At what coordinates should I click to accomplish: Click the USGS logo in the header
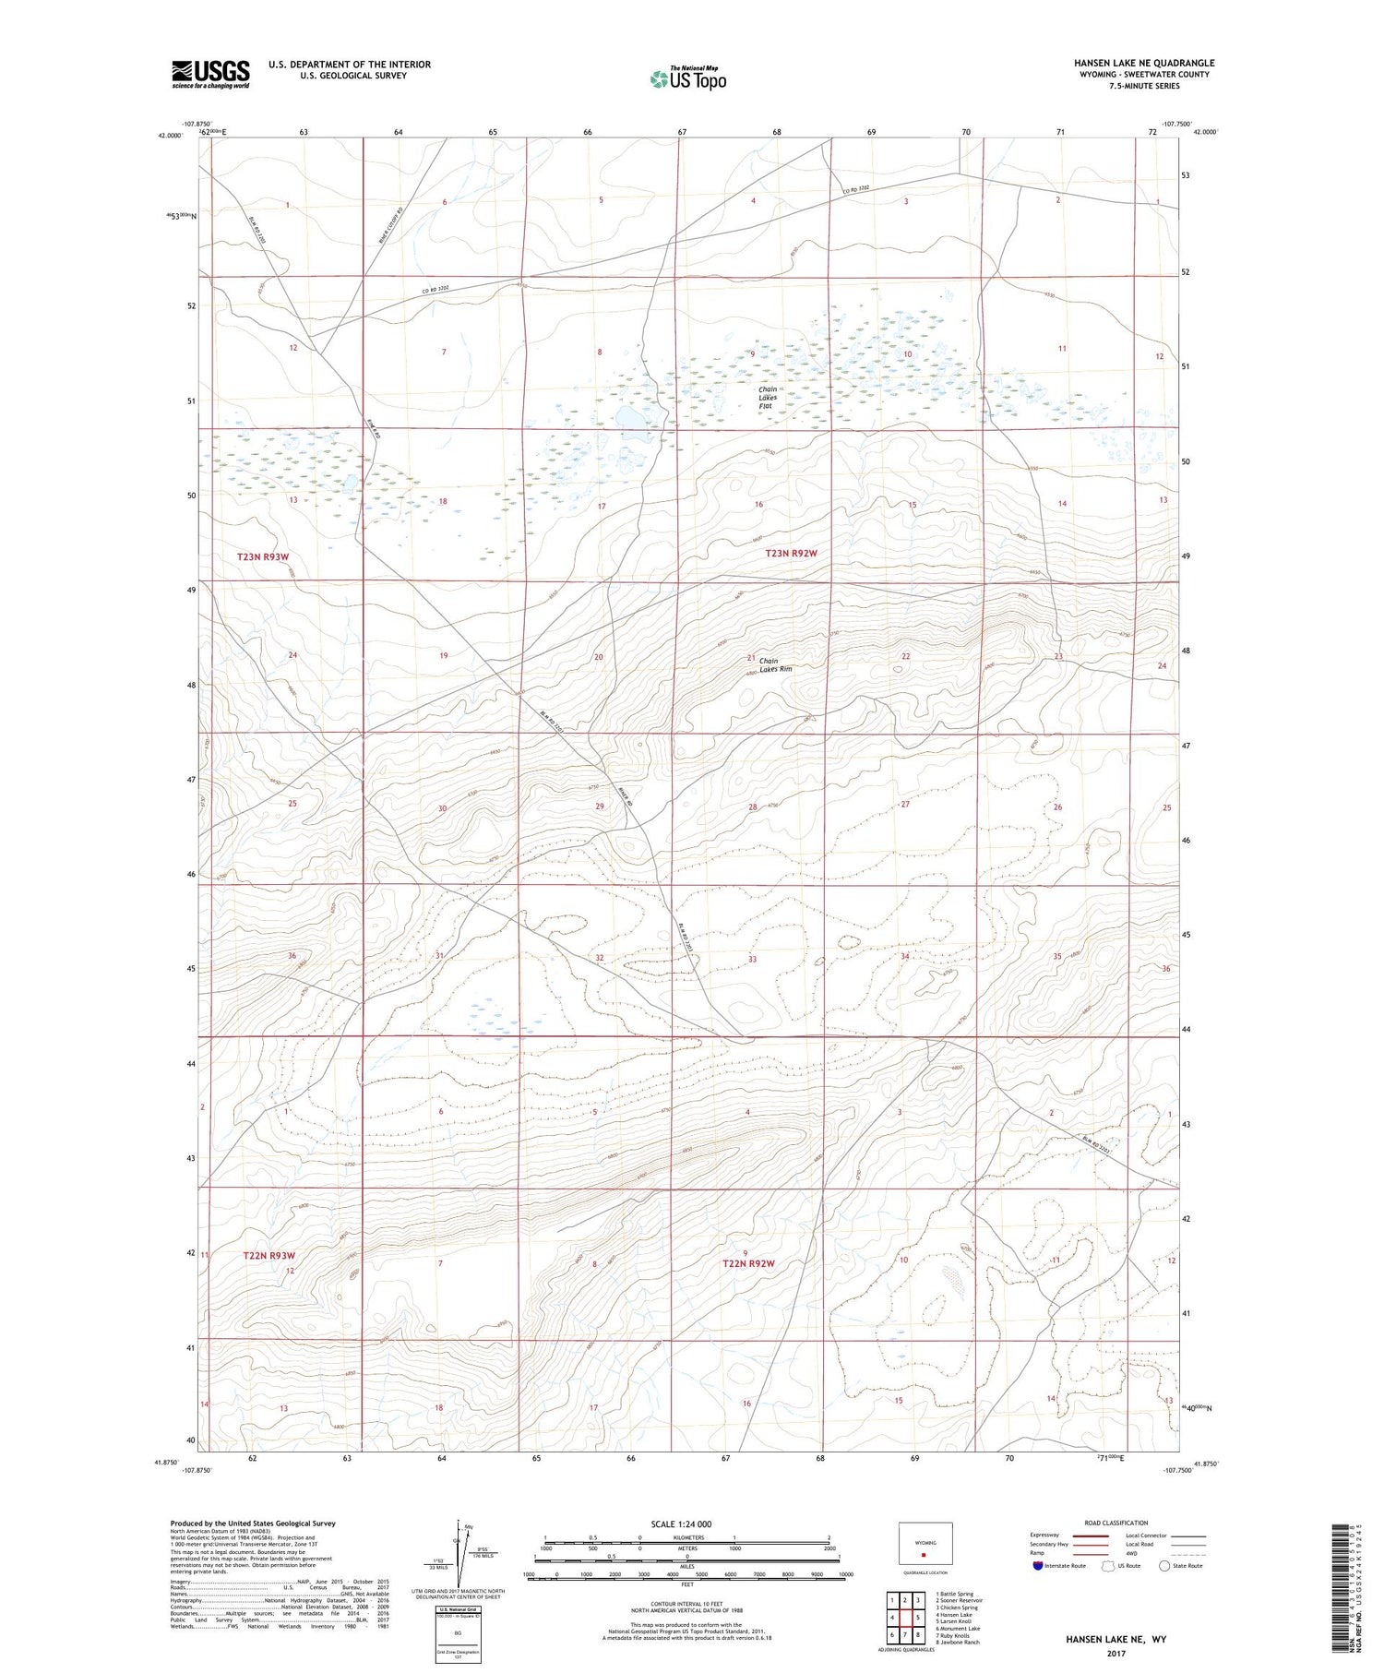pyautogui.click(x=210, y=74)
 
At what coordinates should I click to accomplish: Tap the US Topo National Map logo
pyautogui.click(x=687, y=78)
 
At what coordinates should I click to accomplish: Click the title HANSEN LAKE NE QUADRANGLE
pyautogui.click(x=1143, y=63)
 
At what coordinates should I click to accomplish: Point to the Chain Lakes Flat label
pyautogui.click(x=768, y=398)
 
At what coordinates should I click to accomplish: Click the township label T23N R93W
pyautogui.click(x=263, y=556)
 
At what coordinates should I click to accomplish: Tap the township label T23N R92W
pyautogui.click(x=792, y=553)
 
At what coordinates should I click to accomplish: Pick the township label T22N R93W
pyautogui.click(x=268, y=1255)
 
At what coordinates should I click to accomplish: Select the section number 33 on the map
pyautogui.click(x=752, y=959)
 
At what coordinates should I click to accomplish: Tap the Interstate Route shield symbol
pyautogui.click(x=1039, y=1566)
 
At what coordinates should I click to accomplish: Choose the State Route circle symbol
pyautogui.click(x=1164, y=1566)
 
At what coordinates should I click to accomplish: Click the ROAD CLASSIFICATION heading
pyautogui.click(x=1116, y=1523)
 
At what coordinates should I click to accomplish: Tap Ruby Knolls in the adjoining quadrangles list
pyautogui.click(x=955, y=1635)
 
